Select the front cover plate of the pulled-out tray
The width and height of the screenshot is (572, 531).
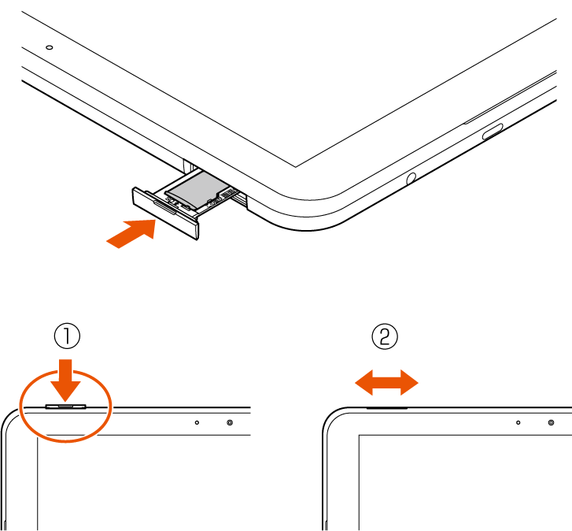pos(166,214)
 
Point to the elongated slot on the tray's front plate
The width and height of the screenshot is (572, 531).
pos(165,206)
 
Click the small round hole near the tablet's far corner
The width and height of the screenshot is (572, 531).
pos(50,47)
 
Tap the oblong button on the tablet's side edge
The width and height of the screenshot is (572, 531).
pos(493,132)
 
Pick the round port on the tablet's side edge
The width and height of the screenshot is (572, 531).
pos(411,178)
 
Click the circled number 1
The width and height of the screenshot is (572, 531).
pos(67,336)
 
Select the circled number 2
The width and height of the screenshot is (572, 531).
pos(385,336)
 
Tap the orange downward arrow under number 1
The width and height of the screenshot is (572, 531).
pos(65,381)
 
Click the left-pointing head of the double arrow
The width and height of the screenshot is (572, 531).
pos(364,383)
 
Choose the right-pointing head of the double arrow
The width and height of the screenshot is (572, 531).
pos(409,383)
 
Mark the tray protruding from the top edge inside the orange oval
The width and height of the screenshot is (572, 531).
pos(65,406)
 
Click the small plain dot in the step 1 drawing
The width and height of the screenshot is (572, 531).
pos(197,422)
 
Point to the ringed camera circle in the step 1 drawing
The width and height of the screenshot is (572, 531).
pos(230,422)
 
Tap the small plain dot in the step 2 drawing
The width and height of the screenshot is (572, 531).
pos(518,422)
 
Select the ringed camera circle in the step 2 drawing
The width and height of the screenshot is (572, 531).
pos(552,422)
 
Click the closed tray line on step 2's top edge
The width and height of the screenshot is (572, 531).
pos(386,408)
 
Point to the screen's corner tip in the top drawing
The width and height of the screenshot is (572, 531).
pos(296,167)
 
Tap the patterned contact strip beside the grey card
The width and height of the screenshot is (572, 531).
pos(223,195)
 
